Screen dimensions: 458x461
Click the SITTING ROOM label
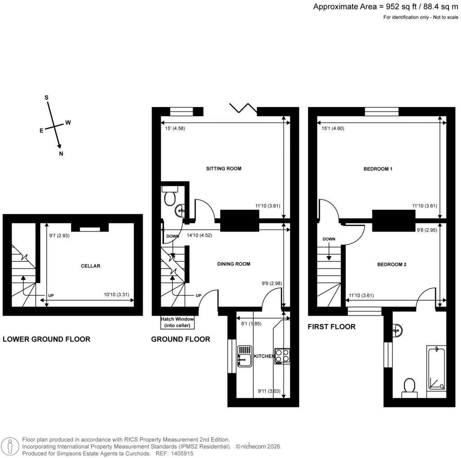pos(224,169)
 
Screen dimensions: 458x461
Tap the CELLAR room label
pos(90,266)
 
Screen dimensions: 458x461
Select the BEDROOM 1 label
pos(378,169)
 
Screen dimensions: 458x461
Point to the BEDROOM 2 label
pos(392,265)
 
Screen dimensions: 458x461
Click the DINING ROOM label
pos(234,264)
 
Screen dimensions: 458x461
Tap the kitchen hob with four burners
pos(282,355)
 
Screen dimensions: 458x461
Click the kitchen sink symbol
pos(245,355)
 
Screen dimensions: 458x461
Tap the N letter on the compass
pos(61,154)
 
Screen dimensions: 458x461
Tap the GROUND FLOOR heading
pos(181,339)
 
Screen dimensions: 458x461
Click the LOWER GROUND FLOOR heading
pos(46,339)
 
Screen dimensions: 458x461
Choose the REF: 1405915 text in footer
pos(175,454)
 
